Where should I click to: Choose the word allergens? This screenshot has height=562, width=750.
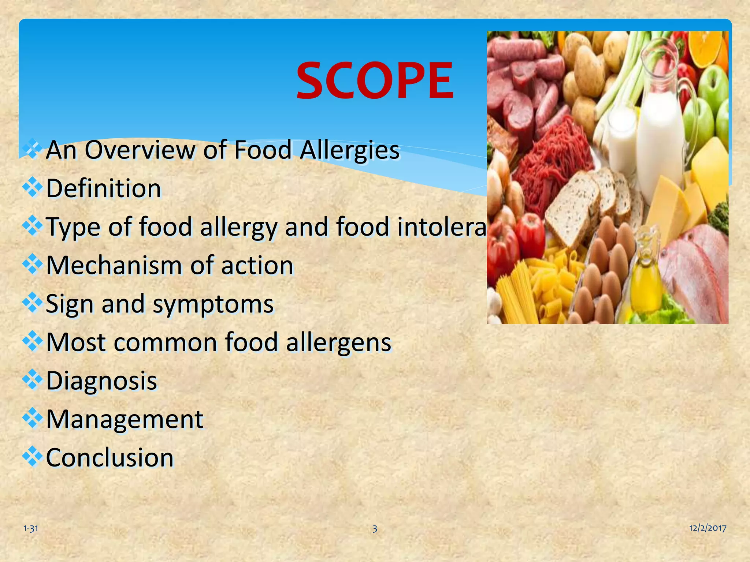click(x=338, y=342)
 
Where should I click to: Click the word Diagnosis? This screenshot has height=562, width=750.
click(x=101, y=381)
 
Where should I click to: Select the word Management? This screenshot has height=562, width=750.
click(x=125, y=419)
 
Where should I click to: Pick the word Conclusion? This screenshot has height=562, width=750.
click(x=109, y=458)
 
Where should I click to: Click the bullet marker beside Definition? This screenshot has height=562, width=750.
click(x=33, y=187)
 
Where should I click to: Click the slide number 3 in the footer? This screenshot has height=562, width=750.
click(x=375, y=528)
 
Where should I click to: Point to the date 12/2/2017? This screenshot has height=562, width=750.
click(x=708, y=528)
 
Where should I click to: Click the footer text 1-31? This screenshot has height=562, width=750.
click(x=31, y=528)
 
